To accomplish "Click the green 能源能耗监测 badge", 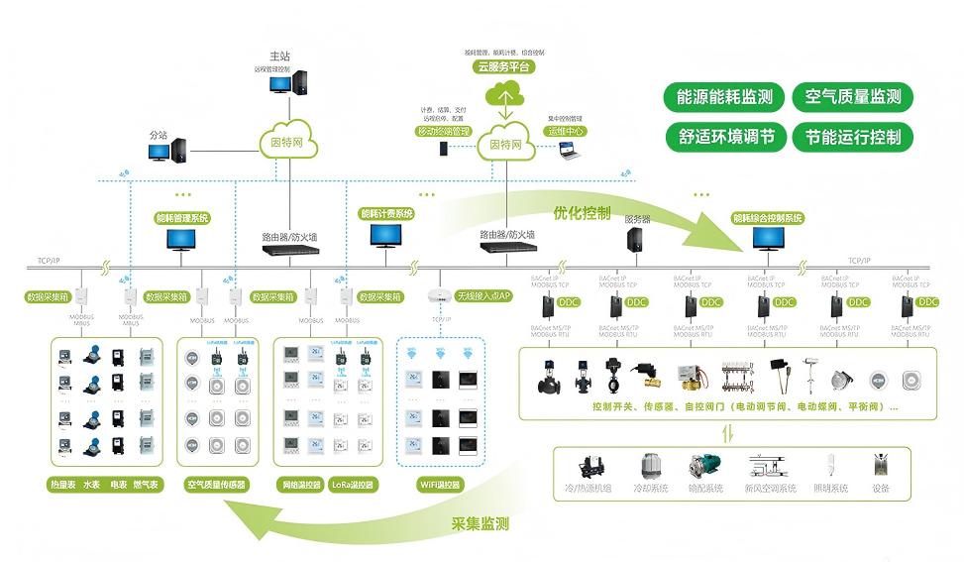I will (x=724, y=97).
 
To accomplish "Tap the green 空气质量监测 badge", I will (x=852, y=97).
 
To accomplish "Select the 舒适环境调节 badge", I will (x=724, y=137).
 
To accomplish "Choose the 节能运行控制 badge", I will (x=852, y=137).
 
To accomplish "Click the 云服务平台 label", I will (x=503, y=67).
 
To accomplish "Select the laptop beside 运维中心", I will (x=569, y=150).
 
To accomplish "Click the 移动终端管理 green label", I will (x=443, y=131).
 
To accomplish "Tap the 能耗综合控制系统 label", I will (x=767, y=217).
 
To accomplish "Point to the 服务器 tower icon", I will (x=635, y=239).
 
